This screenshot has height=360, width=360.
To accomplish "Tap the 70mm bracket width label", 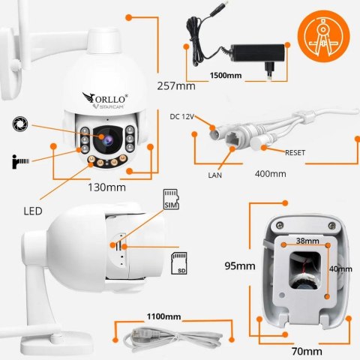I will tap(307, 350).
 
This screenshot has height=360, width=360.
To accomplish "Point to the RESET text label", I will tap(299, 151).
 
